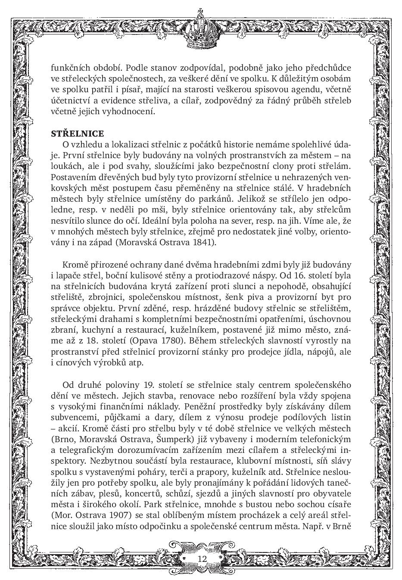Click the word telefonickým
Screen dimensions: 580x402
pos(326,439)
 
